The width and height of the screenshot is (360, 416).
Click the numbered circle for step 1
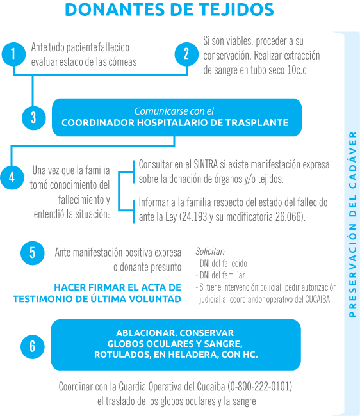(13, 54)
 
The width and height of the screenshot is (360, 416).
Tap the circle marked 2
(186, 54)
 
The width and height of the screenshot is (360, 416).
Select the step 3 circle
(34, 118)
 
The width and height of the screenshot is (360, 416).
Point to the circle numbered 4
(12, 177)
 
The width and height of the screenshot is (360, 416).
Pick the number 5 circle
(33, 253)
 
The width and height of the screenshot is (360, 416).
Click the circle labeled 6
(33, 346)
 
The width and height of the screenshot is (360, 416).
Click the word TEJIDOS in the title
(236, 10)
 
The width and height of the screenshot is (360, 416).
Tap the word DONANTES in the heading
(115, 10)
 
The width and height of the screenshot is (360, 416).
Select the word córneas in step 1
(122, 62)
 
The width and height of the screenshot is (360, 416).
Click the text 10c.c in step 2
(297, 70)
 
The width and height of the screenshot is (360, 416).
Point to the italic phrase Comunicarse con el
(174, 111)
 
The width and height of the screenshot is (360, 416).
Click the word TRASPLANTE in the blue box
(257, 123)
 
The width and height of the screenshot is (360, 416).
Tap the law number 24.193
(195, 217)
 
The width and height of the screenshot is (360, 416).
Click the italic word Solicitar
(210, 252)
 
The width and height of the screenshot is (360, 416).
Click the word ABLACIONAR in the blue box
(145, 333)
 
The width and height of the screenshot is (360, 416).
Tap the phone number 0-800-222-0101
(259, 387)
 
